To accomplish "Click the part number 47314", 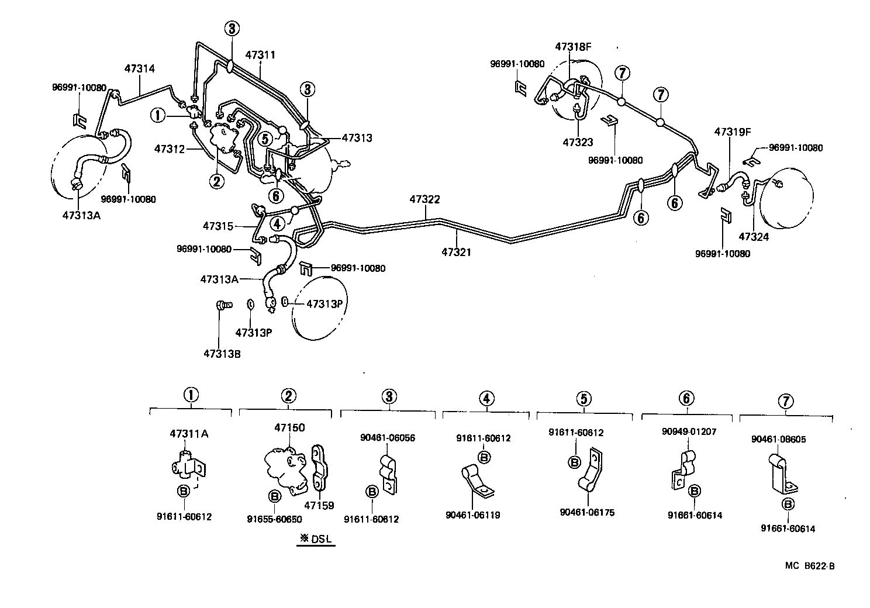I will (139, 68).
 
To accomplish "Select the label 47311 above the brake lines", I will (260, 55).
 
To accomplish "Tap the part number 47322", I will (424, 199).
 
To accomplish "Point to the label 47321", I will (456, 253).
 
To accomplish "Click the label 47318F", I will (574, 47).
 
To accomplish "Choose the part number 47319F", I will (732, 132).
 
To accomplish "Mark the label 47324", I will (754, 237).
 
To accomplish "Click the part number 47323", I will (578, 142).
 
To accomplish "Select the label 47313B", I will (222, 354).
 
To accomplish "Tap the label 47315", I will (218, 226).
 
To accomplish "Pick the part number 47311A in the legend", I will (189, 433).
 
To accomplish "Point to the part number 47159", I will (320, 505).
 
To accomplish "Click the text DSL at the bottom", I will (320, 539).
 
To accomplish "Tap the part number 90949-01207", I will (689, 432).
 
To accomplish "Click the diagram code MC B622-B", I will (810, 565).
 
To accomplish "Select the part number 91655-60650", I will (274, 519).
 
